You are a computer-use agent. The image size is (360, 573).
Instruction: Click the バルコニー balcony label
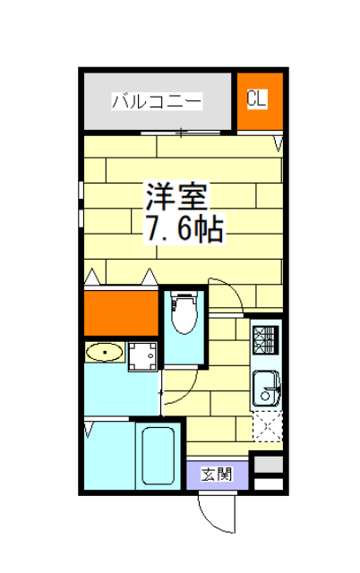(157, 101)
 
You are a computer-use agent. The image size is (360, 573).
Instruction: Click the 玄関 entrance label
(217, 474)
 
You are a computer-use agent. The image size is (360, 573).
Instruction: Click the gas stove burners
(267, 338)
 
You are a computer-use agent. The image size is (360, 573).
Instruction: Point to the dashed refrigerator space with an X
(267, 425)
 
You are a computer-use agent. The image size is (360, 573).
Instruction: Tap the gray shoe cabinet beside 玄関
(268, 466)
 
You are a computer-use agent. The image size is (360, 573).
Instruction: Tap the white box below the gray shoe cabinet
(268, 484)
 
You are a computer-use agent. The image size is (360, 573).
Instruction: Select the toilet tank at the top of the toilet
(184, 295)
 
